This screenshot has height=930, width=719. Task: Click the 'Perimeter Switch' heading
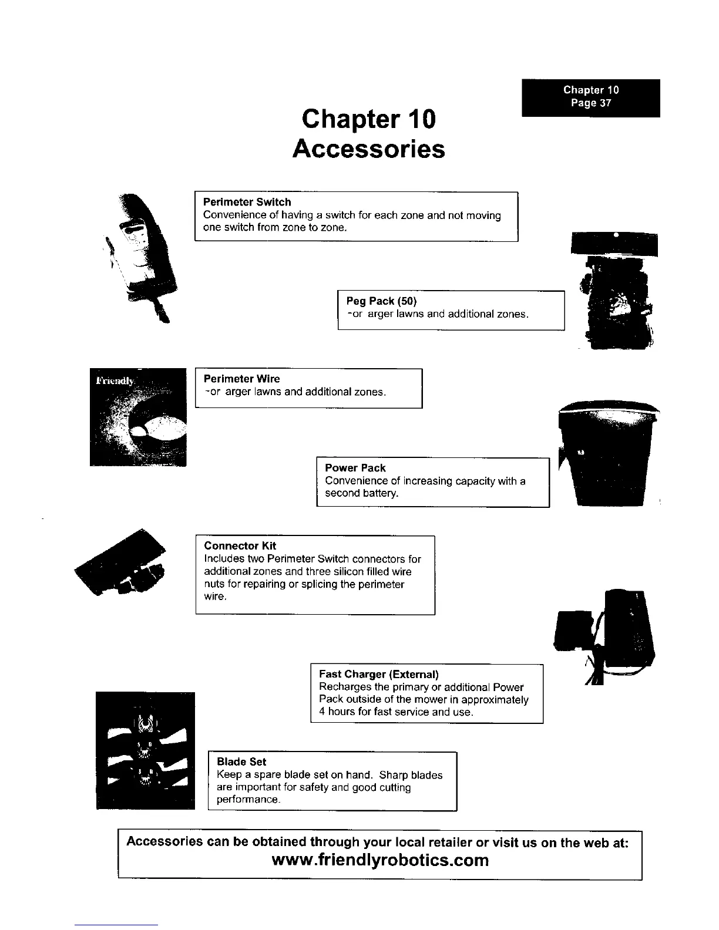(247, 202)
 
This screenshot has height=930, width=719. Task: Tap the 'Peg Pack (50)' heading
(381, 301)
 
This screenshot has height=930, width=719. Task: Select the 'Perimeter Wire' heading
(241, 379)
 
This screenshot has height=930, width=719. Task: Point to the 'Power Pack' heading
(355, 468)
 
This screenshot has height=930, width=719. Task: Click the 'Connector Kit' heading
(240, 545)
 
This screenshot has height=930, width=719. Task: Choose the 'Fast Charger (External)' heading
(379, 674)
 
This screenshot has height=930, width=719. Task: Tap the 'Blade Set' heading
(241, 761)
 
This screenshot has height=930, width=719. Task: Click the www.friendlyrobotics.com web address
(381, 861)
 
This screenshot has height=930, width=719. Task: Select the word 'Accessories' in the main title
(368, 149)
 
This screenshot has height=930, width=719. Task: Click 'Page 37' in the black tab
(591, 103)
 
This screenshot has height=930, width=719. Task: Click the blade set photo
(145, 750)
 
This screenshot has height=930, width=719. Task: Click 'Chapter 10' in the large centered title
(368, 119)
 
